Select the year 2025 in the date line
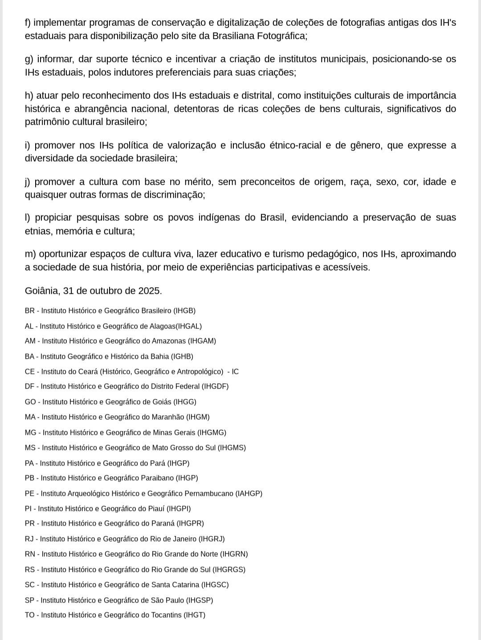point(149,291)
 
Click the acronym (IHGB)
point(184,311)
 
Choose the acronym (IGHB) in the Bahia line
point(182,356)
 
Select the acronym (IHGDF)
point(215,386)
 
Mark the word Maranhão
point(168,417)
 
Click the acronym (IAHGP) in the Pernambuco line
point(249,494)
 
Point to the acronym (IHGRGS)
point(229,570)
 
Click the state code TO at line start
point(30,615)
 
